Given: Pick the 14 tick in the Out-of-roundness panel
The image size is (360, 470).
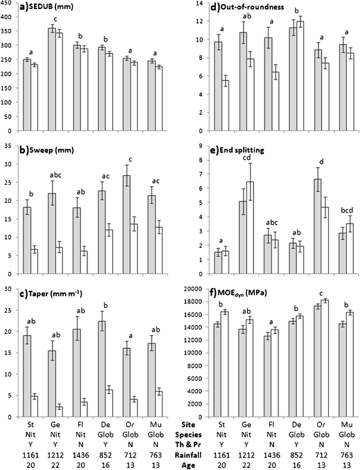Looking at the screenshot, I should point(197,3).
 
